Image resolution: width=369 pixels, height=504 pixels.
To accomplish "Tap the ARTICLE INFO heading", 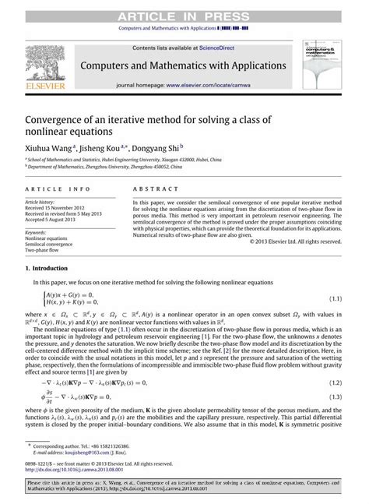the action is tap(50, 189).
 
